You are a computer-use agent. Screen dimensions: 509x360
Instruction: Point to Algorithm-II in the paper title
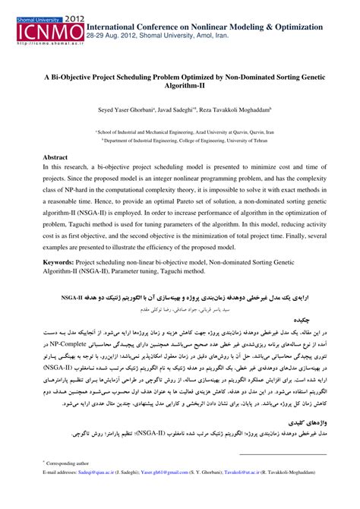[180, 87]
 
